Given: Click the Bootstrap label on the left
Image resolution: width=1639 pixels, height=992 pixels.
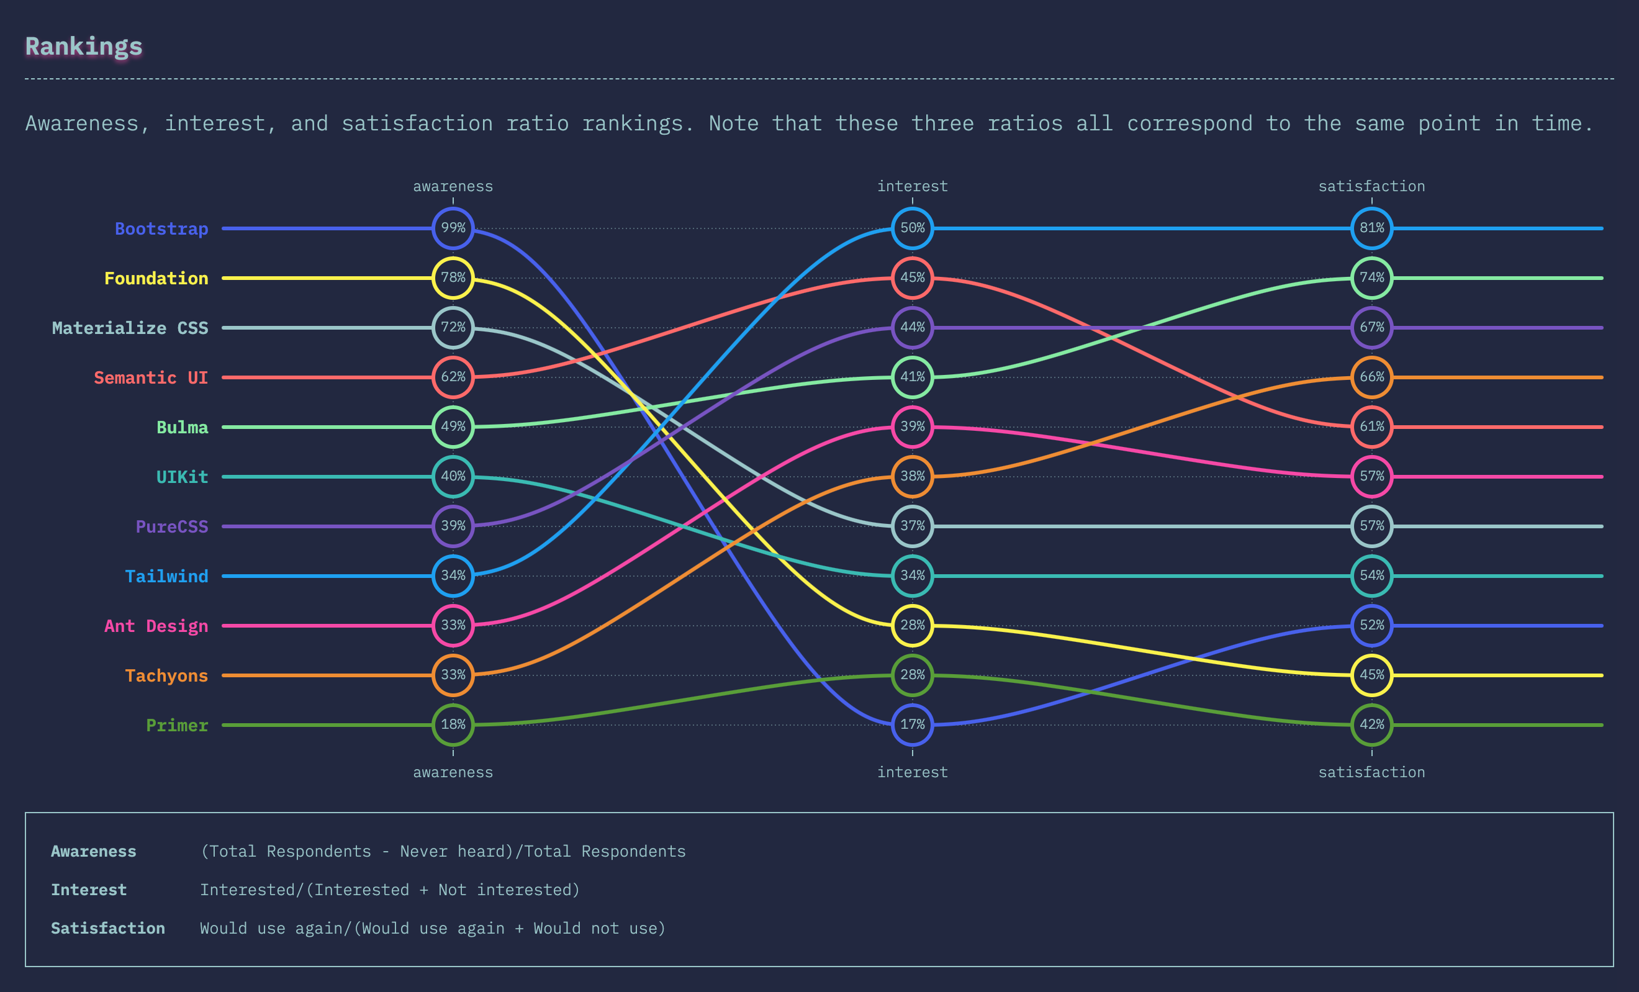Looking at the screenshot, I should point(161,229).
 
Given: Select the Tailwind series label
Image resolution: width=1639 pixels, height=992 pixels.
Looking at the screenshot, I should point(166,576).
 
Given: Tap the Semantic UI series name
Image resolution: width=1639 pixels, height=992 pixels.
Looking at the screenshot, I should point(151,378).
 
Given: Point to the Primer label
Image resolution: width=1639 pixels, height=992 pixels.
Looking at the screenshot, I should point(177,725).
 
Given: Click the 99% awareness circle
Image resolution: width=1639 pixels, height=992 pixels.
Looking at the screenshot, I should point(453,228).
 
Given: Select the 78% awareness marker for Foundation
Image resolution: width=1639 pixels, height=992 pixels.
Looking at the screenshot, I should point(453,278).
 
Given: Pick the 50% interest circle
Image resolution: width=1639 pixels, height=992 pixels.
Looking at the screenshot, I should point(912,228).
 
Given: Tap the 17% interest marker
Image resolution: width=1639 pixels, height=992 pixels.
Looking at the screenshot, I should point(912,724).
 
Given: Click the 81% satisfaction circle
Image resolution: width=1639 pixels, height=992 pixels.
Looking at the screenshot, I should point(1371,228).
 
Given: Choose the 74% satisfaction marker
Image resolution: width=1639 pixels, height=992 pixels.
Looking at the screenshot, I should point(1371,278).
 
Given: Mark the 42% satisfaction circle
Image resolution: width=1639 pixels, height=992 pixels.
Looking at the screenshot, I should point(1371,724).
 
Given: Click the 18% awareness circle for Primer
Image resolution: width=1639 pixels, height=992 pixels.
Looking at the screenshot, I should point(453,724).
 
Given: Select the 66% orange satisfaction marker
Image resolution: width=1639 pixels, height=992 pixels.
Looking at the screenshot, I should point(1371,377).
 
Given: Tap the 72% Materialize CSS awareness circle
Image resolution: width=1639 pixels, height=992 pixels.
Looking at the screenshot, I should point(453,327).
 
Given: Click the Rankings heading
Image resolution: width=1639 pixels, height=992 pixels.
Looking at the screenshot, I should point(84,47).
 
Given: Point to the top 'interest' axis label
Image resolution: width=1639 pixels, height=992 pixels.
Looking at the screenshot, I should point(912,186).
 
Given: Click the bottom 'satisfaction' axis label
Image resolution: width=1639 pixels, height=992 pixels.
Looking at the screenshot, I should point(1371,772).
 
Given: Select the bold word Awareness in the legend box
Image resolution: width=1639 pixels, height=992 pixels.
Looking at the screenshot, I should point(94,852).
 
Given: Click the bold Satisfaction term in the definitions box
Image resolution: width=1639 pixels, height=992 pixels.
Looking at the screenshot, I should point(108,929).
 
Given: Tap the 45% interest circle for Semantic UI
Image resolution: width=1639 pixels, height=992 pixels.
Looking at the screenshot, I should point(912,278).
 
